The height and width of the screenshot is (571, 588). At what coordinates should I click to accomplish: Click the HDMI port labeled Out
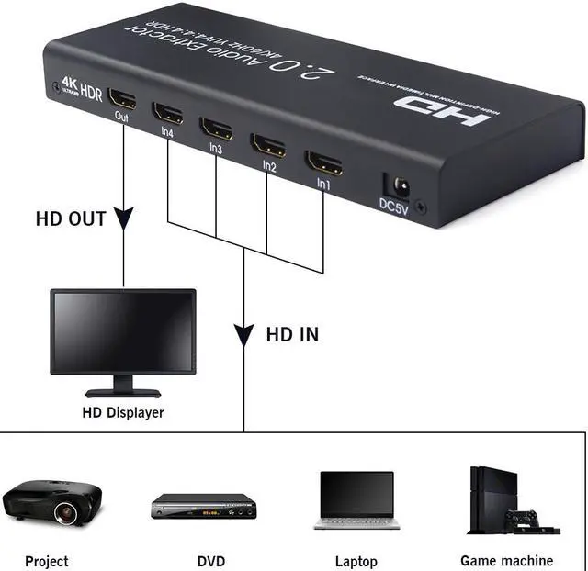tap(122, 99)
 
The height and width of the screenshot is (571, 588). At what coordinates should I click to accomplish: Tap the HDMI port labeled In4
tap(169, 114)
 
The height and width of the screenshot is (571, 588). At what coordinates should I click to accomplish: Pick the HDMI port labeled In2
tap(268, 145)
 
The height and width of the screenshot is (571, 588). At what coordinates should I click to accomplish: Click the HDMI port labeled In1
tap(323, 163)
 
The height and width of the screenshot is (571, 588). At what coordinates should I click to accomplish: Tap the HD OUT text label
tap(71, 219)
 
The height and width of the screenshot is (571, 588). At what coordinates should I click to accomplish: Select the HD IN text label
tap(292, 334)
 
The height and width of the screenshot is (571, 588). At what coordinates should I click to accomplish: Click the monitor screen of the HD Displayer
tap(122, 331)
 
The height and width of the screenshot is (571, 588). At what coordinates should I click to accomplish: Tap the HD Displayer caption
tap(123, 412)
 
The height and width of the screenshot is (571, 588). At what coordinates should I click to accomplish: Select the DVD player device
tap(203, 506)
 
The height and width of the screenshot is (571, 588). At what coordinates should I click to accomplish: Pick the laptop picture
tap(357, 500)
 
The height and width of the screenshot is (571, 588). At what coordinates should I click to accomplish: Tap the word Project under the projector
tap(47, 561)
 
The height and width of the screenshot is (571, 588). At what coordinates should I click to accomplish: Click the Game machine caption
tap(507, 560)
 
